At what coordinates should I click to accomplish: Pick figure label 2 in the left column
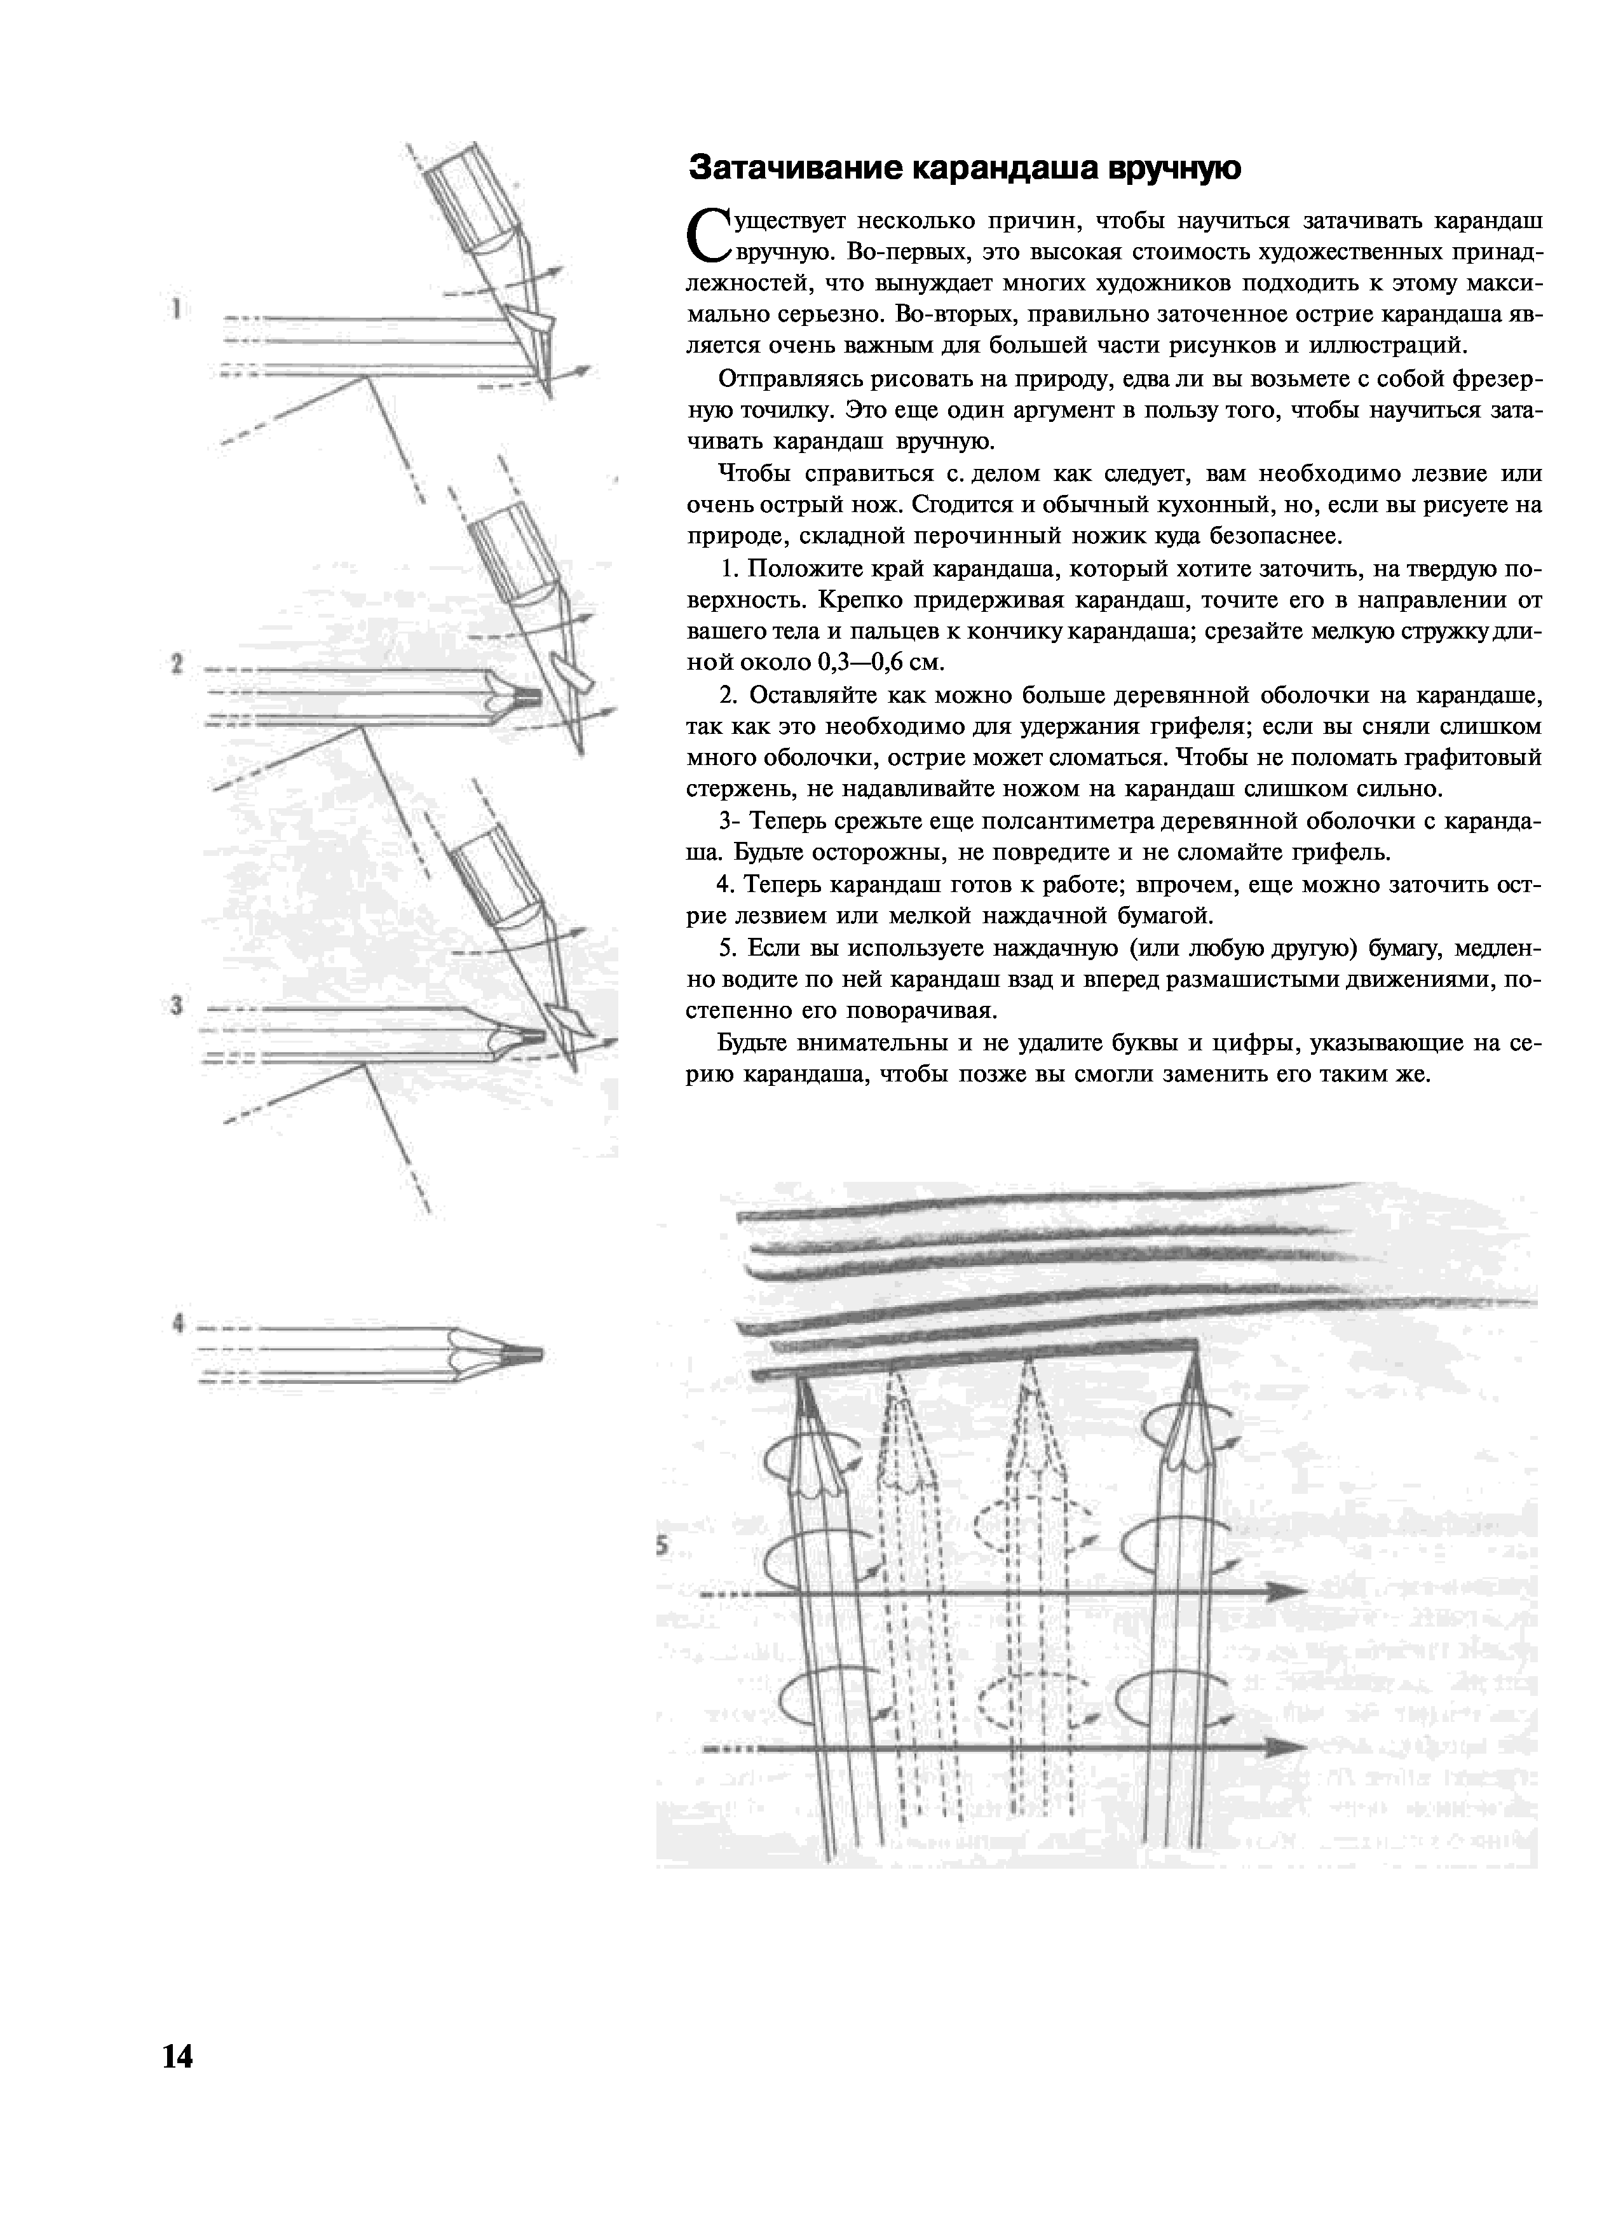(176, 665)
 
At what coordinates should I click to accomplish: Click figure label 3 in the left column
(176, 1005)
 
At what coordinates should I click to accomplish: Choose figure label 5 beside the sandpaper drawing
(663, 1546)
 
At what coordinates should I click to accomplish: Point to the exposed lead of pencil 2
(528, 697)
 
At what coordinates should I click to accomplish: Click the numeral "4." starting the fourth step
(726, 884)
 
